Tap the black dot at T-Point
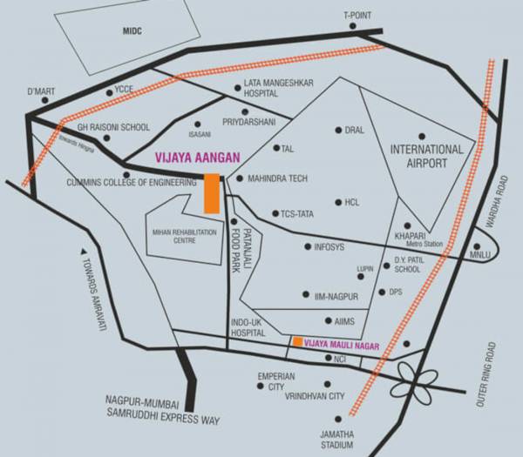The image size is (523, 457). click(x=354, y=26)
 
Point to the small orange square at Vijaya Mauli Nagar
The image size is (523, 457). click(x=297, y=342)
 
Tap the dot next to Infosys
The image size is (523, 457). click(x=307, y=247)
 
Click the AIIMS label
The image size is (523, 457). click(x=345, y=321)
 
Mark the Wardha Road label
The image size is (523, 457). click(x=499, y=201)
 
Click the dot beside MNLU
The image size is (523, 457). click(x=475, y=246)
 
